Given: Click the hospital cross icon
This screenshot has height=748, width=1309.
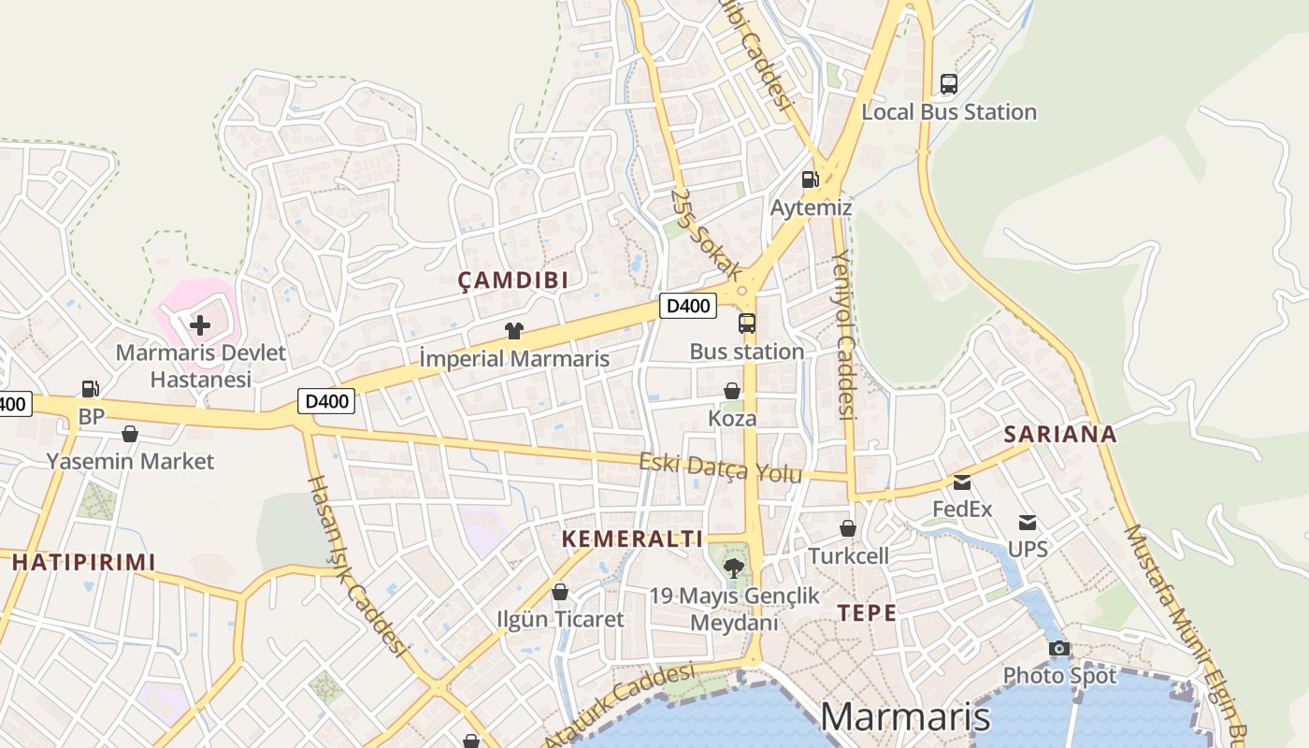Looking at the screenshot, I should (200, 325).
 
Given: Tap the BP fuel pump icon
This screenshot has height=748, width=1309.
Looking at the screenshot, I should (91, 388).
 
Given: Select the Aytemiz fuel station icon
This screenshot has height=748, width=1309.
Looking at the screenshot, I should (810, 179).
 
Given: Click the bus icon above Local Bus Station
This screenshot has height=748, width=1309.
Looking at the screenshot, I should (949, 84).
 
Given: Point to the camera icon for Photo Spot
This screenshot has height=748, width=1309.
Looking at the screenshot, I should (1059, 648).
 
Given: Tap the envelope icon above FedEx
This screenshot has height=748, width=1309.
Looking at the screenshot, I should (962, 482).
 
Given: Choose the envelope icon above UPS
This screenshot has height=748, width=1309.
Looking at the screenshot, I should (1028, 522).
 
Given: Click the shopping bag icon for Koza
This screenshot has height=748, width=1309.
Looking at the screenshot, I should (732, 391).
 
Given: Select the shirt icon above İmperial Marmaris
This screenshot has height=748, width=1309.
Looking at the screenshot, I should (513, 330).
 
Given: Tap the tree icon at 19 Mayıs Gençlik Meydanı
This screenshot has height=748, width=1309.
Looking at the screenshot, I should (734, 567).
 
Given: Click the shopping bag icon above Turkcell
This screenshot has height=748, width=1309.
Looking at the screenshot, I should (848, 528).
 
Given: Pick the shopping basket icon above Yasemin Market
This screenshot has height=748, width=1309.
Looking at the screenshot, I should (130, 434).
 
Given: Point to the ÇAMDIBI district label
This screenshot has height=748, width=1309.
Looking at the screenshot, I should (513, 280).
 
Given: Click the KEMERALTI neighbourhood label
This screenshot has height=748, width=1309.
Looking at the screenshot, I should (632, 539).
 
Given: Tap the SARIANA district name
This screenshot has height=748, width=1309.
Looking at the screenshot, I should (1060, 434).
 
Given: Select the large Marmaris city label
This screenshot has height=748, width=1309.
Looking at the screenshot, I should (904, 716).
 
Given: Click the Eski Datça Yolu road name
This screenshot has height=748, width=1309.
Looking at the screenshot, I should (720, 467).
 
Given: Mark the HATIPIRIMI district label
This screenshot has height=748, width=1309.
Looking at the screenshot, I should (83, 562).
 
